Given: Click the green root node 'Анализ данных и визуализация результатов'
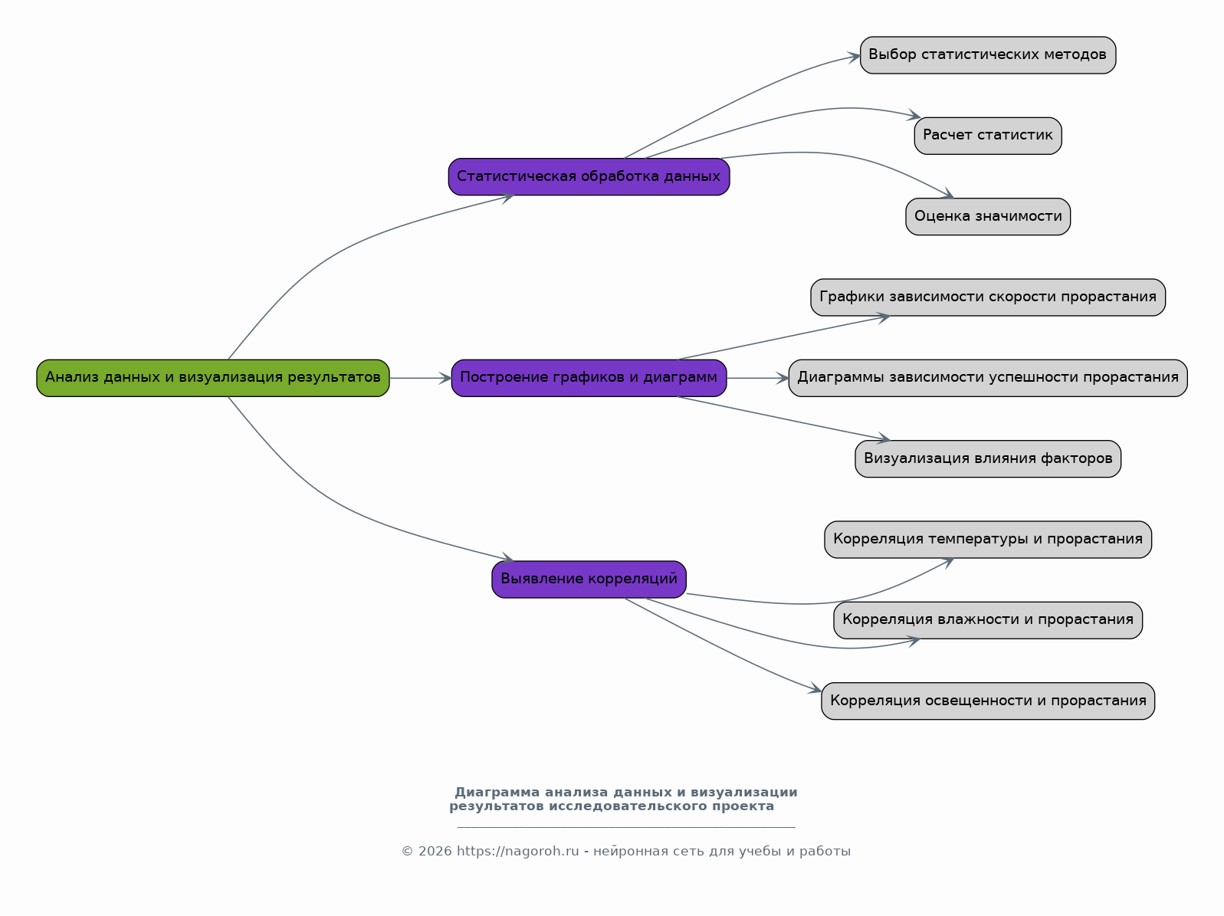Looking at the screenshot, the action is click(x=213, y=378).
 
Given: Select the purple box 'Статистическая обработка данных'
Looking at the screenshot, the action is click(x=589, y=177).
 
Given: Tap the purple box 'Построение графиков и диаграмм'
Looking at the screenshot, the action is click(x=589, y=378).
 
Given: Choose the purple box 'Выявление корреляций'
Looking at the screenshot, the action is click(x=589, y=579).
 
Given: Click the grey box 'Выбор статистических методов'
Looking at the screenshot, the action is click(x=988, y=55).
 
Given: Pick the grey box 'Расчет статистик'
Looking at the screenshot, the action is click(x=988, y=136).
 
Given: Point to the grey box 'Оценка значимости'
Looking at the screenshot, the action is click(x=988, y=216).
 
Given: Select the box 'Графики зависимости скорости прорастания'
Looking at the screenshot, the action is click(x=988, y=297).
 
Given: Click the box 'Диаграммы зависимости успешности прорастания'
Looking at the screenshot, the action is click(x=988, y=378).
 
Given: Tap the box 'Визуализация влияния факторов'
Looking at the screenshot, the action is click(x=988, y=459).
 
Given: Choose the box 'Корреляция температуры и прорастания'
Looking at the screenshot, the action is click(x=988, y=539).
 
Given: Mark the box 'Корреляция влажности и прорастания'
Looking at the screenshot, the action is click(x=988, y=620).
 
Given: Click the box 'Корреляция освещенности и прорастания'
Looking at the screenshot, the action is click(x=988, y=701).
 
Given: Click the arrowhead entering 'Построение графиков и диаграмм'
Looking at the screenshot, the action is click(x=445, y=378).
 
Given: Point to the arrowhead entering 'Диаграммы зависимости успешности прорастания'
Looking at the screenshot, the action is click(x=783, y=378).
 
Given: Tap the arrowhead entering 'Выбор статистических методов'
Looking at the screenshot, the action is click(x=854, y=57).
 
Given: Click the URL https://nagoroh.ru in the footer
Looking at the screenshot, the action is click(x=517, y=852).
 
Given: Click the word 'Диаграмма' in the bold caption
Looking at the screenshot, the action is click(x=497, y=793).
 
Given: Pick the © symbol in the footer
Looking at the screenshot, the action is click(x=407, y=852).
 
